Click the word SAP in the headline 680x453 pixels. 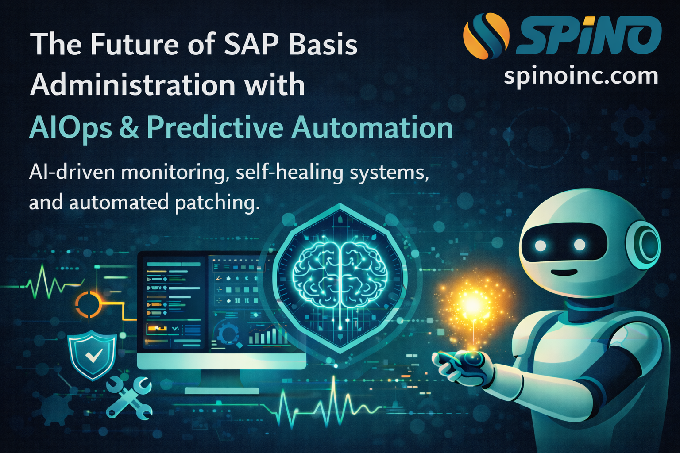click(x=252, y=45)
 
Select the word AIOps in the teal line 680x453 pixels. click(x=70, y=128)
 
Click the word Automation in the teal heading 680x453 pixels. click(x=372, y=128)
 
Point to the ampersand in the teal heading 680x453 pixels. click(x=129, y=128)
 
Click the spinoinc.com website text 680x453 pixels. click(x=581, y=76)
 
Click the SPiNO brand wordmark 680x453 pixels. click(x=589, y=35)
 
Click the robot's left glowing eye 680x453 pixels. click(x=541, y=245)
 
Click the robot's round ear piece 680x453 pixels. click(x=647, y=242)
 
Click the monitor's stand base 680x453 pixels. click(x=221, y=390)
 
